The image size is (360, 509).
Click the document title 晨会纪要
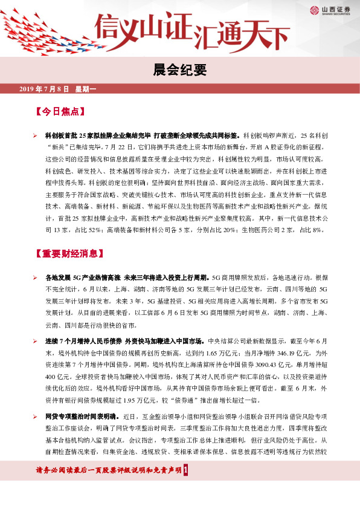click(x=179, y=70)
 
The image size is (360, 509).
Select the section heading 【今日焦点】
click(x=60, y=112)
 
